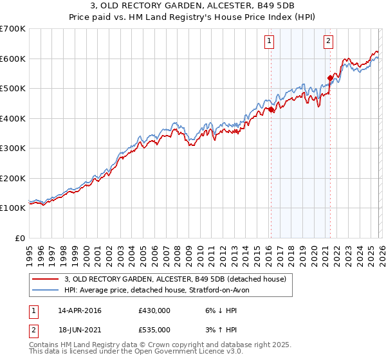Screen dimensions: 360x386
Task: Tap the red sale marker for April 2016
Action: [x=271, y=109]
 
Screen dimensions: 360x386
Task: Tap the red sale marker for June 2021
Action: [x=330, y=78]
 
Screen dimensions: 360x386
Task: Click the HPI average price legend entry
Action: [x=161, y=290]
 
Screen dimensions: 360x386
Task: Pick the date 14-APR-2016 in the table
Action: [x=79, y=310]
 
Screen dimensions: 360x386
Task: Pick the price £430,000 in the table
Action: [x=154, y=310]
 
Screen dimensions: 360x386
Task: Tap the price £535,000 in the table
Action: [x=154, y=330]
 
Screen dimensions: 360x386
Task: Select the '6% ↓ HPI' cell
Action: [x=219, y=310]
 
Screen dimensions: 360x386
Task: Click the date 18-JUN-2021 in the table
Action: [x=79, y=330]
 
